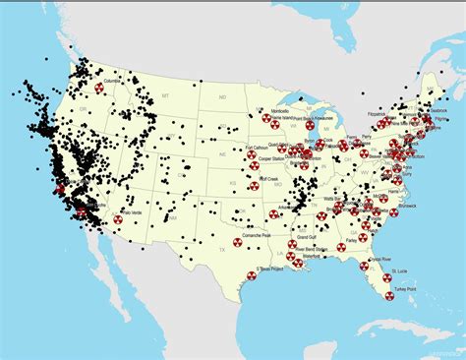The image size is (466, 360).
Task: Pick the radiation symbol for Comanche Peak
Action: [237, 242]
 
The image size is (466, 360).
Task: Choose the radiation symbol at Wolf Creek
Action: [251, 182]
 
